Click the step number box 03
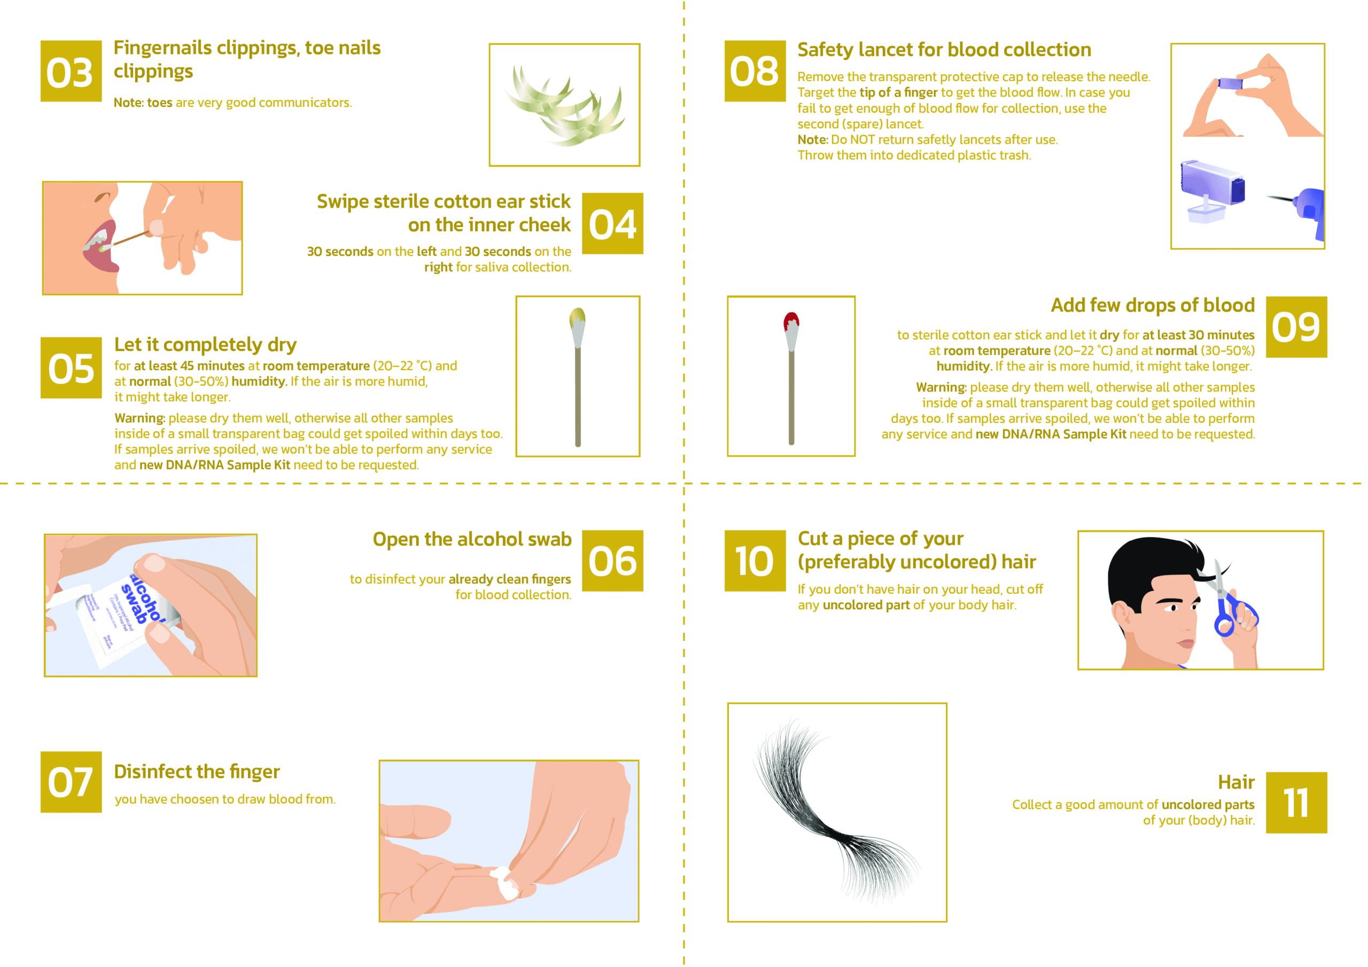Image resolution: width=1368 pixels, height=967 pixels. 71,71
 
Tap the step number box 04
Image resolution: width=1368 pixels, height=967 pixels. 612,223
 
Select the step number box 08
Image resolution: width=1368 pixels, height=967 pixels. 755,71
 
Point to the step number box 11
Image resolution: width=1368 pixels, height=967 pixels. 1296,803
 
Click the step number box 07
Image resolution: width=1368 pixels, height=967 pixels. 71,782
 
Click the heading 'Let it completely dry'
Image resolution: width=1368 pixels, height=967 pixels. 206,345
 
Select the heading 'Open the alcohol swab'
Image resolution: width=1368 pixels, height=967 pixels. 472,539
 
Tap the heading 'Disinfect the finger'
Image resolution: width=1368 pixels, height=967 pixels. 197,772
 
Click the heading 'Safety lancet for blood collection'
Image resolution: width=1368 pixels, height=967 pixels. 944,50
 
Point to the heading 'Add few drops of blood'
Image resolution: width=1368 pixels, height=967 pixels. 1153,305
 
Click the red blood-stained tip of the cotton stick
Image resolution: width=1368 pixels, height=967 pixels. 791,321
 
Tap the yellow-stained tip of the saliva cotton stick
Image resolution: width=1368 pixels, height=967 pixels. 577,317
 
